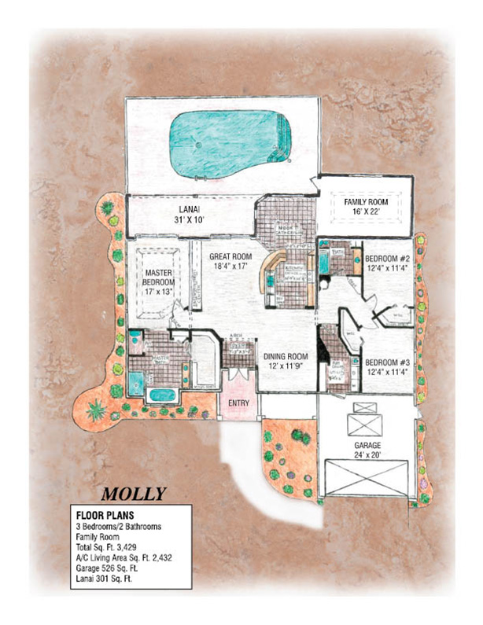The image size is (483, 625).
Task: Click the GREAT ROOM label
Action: pos(230,256)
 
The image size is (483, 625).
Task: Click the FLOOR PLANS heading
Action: pos(101,516)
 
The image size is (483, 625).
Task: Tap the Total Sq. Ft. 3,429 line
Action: pos(111,550)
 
